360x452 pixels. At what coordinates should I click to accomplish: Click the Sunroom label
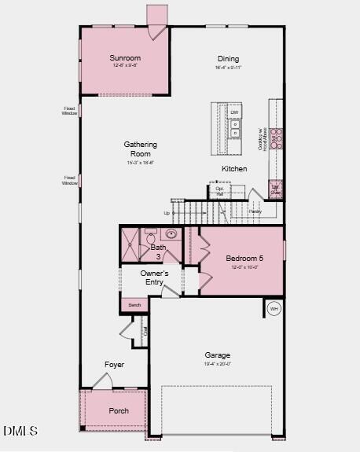[x=125, y=58]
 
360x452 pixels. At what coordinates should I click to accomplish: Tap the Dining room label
[x=228, y=59]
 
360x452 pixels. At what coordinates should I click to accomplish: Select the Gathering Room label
[x=140, y=149]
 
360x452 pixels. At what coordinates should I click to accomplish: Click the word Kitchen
[x=234, y=169]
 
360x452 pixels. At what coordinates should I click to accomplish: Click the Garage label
[x=218, y=355]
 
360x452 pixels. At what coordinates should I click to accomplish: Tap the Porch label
[x=119, y=411]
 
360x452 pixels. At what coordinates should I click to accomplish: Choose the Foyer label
[x=114, y=365]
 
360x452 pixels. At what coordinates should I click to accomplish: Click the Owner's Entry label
[x=155, y=277]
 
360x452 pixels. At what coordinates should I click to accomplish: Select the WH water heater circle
[x=274, y=308]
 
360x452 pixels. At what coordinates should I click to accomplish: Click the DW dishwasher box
[x=234, y=113]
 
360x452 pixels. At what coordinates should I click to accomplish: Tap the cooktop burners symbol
[x=276, y=138]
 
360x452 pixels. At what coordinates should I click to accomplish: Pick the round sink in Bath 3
[x=170, y=233]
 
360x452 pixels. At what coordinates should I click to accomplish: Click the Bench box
[x=134, y=304]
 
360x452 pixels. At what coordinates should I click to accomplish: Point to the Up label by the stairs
[x=167, y=213]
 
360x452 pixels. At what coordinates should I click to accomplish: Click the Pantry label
[x=255, y=211]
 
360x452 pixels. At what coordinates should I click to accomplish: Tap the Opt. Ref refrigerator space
[x=219, y=191]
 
